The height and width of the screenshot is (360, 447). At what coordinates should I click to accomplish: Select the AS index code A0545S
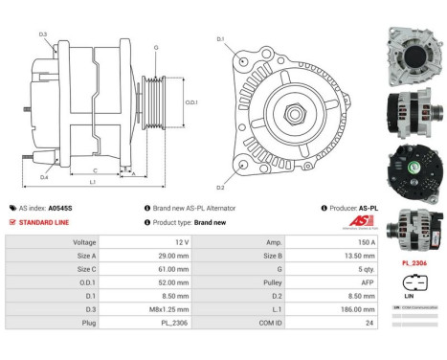click(x=61, y=208)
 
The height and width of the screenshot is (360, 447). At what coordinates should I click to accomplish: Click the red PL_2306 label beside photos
click(x=413, y=261)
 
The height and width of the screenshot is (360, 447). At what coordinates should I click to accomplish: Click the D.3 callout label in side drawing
click(x=44, y=34)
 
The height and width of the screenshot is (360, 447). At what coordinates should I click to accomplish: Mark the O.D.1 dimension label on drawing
click(x=190, y=102)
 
